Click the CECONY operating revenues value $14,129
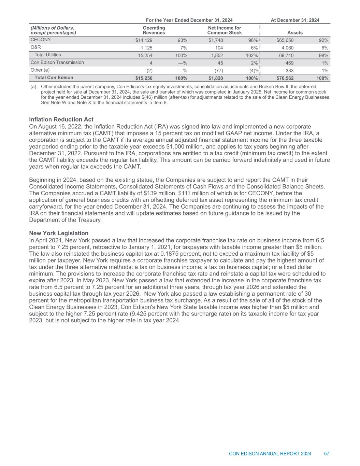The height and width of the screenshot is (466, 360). (x=144, y=40)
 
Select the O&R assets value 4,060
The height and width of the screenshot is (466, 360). (x=287, y=48)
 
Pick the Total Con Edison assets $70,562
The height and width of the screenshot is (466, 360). (x=285, y=78)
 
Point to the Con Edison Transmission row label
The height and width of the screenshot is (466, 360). (x=57, y=62)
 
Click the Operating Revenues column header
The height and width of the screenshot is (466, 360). (x=154, y=30)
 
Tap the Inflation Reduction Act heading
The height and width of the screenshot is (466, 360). (x=61, y=119)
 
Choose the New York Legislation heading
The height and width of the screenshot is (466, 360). (x=59, y=233)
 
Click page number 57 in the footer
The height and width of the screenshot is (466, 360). (x=327, y=454)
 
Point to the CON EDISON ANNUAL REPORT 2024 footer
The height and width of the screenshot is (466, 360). (x=270, y=454)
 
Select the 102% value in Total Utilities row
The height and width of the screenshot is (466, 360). (x=251, y=55)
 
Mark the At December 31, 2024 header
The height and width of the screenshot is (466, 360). (x=295, y=20)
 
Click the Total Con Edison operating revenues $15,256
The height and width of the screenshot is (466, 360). (x=144, y=78)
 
